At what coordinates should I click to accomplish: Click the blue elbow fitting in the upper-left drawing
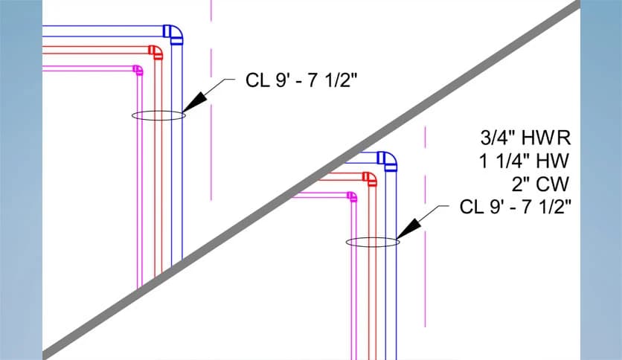173,34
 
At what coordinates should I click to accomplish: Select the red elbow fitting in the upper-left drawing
155,52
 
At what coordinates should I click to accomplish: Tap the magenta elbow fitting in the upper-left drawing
138,71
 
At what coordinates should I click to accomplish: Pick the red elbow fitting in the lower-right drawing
369,178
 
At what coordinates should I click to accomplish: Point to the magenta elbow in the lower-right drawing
352,196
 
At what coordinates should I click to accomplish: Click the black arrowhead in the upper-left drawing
194,102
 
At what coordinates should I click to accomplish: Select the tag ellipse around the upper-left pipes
158,115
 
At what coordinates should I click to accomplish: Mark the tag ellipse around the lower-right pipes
372,242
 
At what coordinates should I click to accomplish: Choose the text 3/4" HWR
525,137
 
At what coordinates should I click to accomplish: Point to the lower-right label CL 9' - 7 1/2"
515,207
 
